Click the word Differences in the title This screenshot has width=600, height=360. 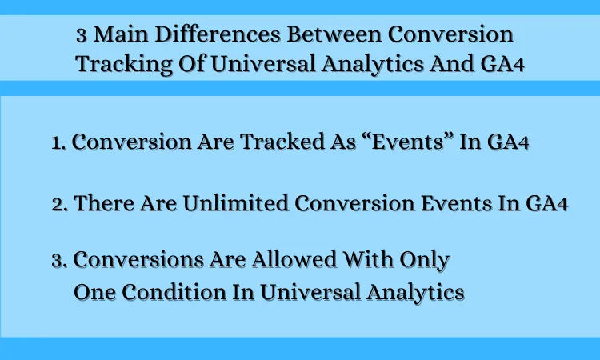(x=218, y=34)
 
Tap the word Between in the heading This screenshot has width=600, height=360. (x=334, y=34)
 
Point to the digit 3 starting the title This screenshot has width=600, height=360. (x=81, y=35)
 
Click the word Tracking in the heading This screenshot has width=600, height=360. (x=124, y=63)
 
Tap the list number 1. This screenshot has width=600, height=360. (x=58, y=143)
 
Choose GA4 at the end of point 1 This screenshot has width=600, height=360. (x=508, y=142)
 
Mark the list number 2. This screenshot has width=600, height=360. (x=60, y=204)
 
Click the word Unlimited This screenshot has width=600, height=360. (x=235, y=202)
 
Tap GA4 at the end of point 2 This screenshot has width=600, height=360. (x=547, y=202)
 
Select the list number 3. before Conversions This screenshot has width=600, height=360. (x=60, y=261)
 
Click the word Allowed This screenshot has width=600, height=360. (x=294, y=259)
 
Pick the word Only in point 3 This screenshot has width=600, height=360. (x=425, y=260)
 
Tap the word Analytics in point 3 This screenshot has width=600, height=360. (x=415, y=293)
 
